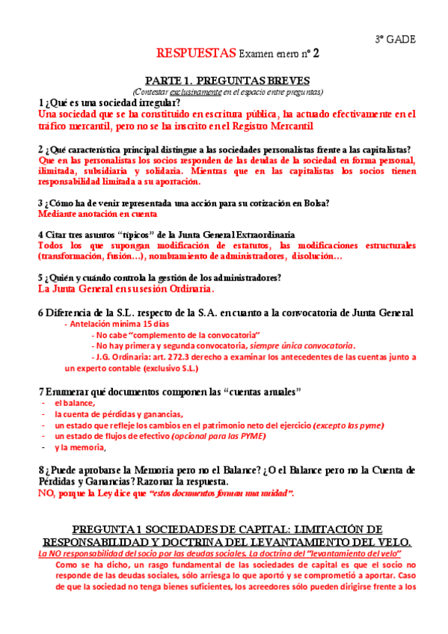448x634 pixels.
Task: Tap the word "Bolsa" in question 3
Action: pyautogui.click(x=312, y=203)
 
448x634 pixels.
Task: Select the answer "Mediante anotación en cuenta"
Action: pyautogui.click(x=92, y=214)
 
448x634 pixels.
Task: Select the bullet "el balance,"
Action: pyautogui.click(x=74, y=403)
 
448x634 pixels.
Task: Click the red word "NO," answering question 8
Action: pyautogui.click(x=46, y=493)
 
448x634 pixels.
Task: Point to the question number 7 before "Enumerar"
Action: pyautogui.click(x=40, y=391)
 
